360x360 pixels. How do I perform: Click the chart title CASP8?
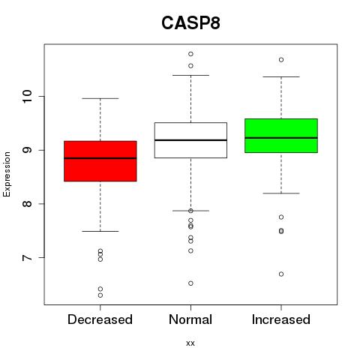(190, 23)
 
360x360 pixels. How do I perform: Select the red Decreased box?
(100, 161)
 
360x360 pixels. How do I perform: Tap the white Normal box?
(190, 140)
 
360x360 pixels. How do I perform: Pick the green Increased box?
(281, 136)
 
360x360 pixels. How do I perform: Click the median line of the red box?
(100, 158)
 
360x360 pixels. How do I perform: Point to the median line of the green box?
(281, 138)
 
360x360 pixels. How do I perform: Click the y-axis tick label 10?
(27, 96)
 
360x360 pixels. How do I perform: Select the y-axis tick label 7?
(27, 257)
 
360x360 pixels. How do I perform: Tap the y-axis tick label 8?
(27, 204)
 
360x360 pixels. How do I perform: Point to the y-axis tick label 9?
(27, 150)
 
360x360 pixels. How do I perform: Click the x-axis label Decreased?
(100, 319)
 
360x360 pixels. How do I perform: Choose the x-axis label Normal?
(190, 319)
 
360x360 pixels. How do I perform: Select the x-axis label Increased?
(281, 319)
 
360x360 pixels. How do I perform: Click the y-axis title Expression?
(7, 174)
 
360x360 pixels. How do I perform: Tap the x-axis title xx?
(190, 343)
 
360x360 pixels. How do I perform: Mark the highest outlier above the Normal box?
(190, 54)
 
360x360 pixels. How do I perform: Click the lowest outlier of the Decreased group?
(100, 295)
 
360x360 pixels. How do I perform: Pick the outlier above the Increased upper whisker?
(281, 60)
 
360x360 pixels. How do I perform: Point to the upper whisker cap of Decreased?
(100, 98)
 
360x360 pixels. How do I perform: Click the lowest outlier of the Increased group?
(281, 274)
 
